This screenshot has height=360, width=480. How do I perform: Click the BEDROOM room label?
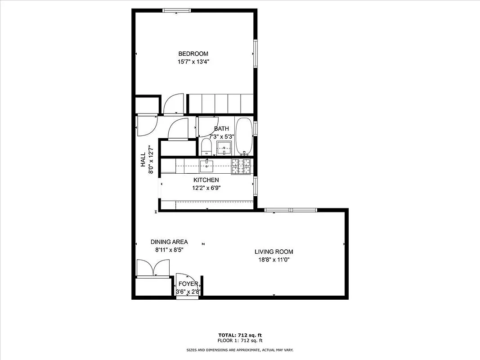193,54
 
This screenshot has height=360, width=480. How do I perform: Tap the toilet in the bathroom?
206,146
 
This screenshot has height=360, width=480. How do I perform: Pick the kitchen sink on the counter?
207,165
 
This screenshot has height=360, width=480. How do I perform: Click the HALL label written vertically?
143,160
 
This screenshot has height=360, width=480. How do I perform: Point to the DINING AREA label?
169,242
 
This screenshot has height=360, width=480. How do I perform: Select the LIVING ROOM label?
274,252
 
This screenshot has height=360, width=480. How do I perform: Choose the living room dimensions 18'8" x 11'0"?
274,260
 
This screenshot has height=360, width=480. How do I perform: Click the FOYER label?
188,284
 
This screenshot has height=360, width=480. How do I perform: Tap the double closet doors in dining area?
153,268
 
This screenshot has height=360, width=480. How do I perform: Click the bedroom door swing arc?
173,103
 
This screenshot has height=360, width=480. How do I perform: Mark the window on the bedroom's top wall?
176,11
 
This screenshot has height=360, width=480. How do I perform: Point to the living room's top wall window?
290,210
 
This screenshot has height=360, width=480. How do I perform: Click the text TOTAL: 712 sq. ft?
240,335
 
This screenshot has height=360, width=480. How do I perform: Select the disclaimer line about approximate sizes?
240,350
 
